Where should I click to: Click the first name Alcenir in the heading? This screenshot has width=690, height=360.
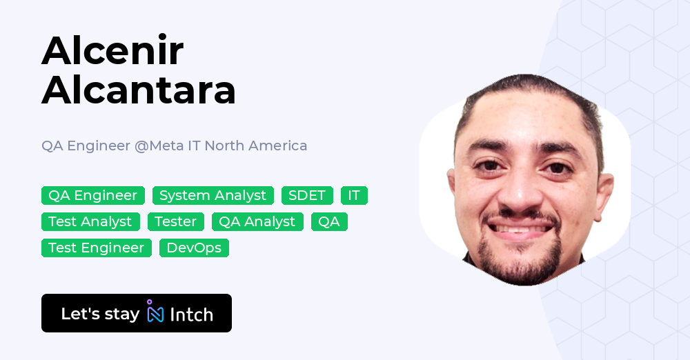pos(112,50)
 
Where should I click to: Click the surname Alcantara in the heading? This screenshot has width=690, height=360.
pos(139,90)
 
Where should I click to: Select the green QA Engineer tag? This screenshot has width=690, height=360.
pos(93,196)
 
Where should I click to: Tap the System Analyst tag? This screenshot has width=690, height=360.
pos(213,196)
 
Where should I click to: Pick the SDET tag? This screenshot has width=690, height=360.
pos(307,196)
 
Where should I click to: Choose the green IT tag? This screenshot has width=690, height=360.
pos(354,196)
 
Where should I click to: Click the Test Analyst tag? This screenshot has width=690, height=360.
pos(90,222)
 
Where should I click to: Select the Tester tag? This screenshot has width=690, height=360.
pos(176,222)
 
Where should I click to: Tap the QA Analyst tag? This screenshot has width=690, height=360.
pos(257,222)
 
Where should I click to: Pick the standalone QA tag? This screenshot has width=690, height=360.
pos(329,222)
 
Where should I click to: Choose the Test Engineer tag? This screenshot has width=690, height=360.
pos(97,248)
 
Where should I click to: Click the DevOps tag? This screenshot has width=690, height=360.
pos(194,248)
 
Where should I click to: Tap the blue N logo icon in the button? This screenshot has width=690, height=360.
pos(155,313)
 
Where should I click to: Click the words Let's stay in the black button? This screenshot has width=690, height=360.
pos(100,314)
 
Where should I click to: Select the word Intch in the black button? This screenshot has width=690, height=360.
pos(191,314)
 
